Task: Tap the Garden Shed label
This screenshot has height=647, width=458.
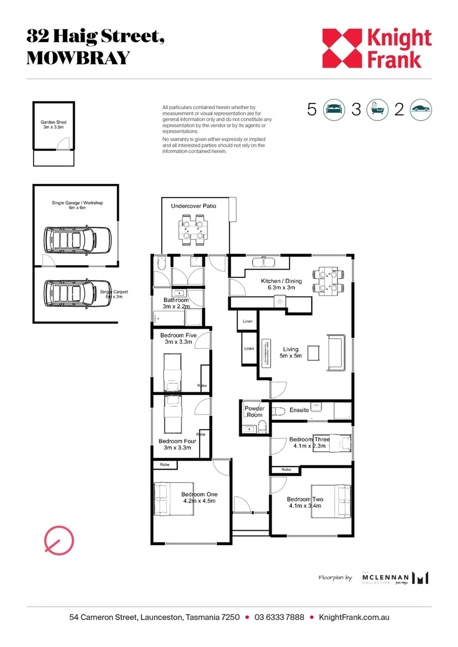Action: coord(53,125)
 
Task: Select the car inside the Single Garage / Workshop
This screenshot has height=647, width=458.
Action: coord(77,240)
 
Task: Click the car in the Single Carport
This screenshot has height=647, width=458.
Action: coord(77,294)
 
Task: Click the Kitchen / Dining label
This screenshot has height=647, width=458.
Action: coord(281,284)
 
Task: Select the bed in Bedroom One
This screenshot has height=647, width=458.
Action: coord(162,498)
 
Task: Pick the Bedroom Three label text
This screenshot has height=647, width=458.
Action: coord(309,442)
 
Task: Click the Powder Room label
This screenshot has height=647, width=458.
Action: coord(254,412)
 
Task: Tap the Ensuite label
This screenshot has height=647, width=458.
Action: coord(299,410)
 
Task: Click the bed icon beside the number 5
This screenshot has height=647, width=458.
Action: coord(333,110)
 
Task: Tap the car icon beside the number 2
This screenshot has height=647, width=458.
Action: coord(421,110)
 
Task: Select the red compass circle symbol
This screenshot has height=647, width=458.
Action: coord(59,542)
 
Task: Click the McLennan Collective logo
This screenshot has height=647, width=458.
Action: coord(396,578)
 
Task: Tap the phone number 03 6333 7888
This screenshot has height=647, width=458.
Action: coord(279,617)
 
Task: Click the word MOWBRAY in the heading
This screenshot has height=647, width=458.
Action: coord(78,58)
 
